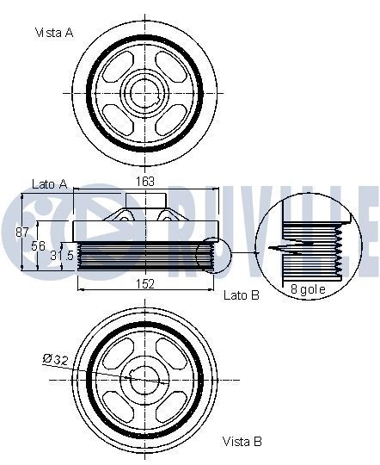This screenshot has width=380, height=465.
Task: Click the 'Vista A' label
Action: point(53,33)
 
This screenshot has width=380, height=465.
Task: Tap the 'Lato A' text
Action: point(49,184)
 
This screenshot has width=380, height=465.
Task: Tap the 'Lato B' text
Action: point(241,294)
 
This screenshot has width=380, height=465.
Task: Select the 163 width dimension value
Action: point(147,182)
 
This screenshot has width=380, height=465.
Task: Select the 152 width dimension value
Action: point(145,283)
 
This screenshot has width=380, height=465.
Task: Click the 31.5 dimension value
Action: point(60,256)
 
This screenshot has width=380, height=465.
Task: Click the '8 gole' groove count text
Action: point(307,289)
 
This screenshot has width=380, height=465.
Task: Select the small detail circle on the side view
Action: point(207,256)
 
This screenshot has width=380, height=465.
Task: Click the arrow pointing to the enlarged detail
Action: point(244,253)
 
